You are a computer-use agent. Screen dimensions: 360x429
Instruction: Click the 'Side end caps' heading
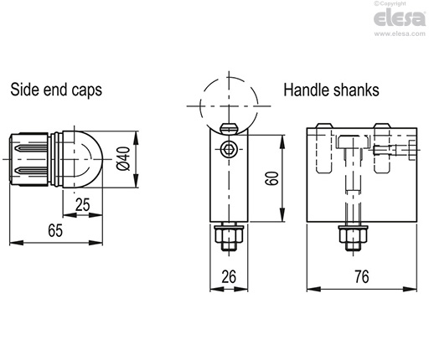coord(56,90)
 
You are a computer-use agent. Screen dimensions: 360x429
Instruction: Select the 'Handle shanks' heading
coord(330,90)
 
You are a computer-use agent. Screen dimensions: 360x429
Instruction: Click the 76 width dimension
coord(360,275)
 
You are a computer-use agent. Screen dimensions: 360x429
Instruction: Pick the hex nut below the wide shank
coord(349,239)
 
